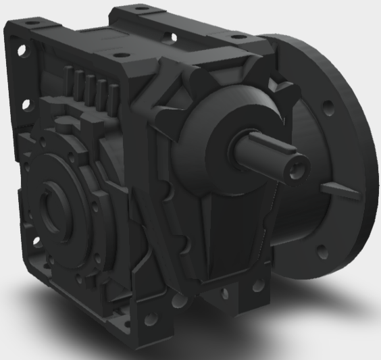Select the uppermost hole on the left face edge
[23, 51]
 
